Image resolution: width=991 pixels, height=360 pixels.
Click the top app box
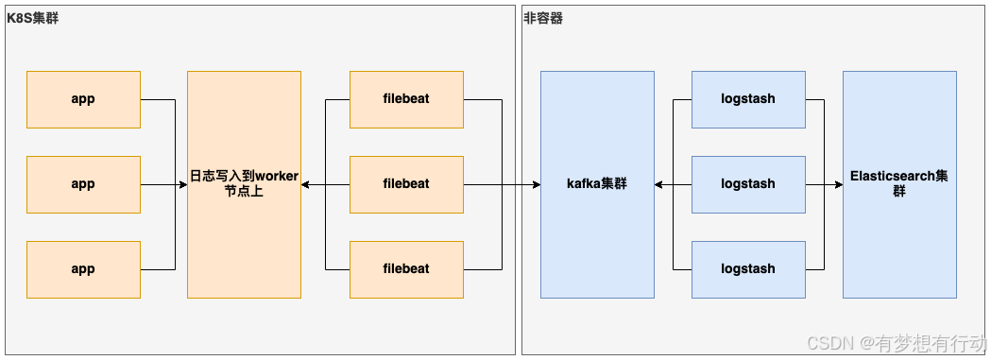[x=83, y=99]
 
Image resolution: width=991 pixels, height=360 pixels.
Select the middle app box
[x=83, y=184]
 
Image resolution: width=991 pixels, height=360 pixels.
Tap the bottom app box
[x=83, y=269]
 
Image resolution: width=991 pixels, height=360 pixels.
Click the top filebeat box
[x=406, y=99]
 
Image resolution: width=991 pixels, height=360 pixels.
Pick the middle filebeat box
[x=406, y=184]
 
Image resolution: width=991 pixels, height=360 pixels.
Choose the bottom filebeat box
[x=406, y=269]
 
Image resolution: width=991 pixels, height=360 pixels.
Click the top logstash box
[x=747, y=99]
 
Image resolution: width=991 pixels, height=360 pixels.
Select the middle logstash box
[x=747, y=184]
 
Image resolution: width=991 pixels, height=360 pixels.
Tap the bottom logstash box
[x=747, y=269]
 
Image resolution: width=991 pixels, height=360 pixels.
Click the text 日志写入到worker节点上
[x=244, y=183]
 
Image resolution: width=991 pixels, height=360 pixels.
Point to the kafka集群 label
[x=596, y=184]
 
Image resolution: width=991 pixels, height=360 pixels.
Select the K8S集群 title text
[x=32, y=18]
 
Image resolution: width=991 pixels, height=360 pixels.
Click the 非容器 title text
[x=543, y=18]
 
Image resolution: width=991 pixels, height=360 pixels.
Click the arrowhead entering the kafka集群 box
[x=535, y=184]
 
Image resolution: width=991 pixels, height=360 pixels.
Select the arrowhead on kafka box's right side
[x=659, y=184]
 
